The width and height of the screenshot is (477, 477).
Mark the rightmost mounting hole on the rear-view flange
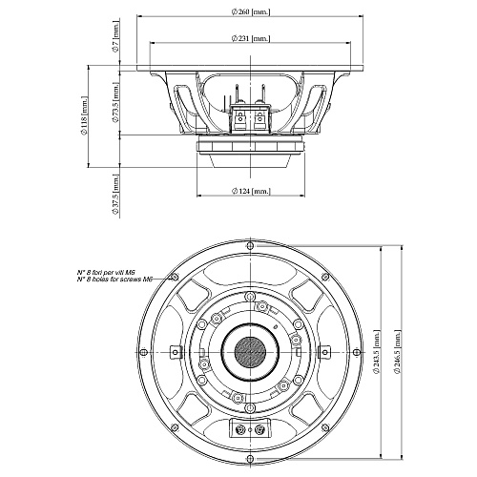(355, 349)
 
